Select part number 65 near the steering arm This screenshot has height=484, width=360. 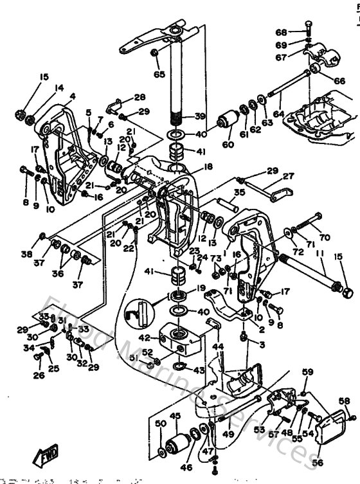click(x=159, y=74)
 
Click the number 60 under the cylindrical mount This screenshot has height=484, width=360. click(x=228, y=145)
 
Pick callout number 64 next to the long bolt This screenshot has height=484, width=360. click(x=278, y=114)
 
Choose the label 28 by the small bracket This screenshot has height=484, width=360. click(x=140, y=97)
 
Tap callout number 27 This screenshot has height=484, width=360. click(x=288, y=175)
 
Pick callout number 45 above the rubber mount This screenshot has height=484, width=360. click(x=174, y=416)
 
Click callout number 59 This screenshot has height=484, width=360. click(x=308, y=372)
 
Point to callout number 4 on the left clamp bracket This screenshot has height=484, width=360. click(x=72, y=96)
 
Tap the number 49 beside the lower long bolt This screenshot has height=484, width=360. click(x=228, y=434)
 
